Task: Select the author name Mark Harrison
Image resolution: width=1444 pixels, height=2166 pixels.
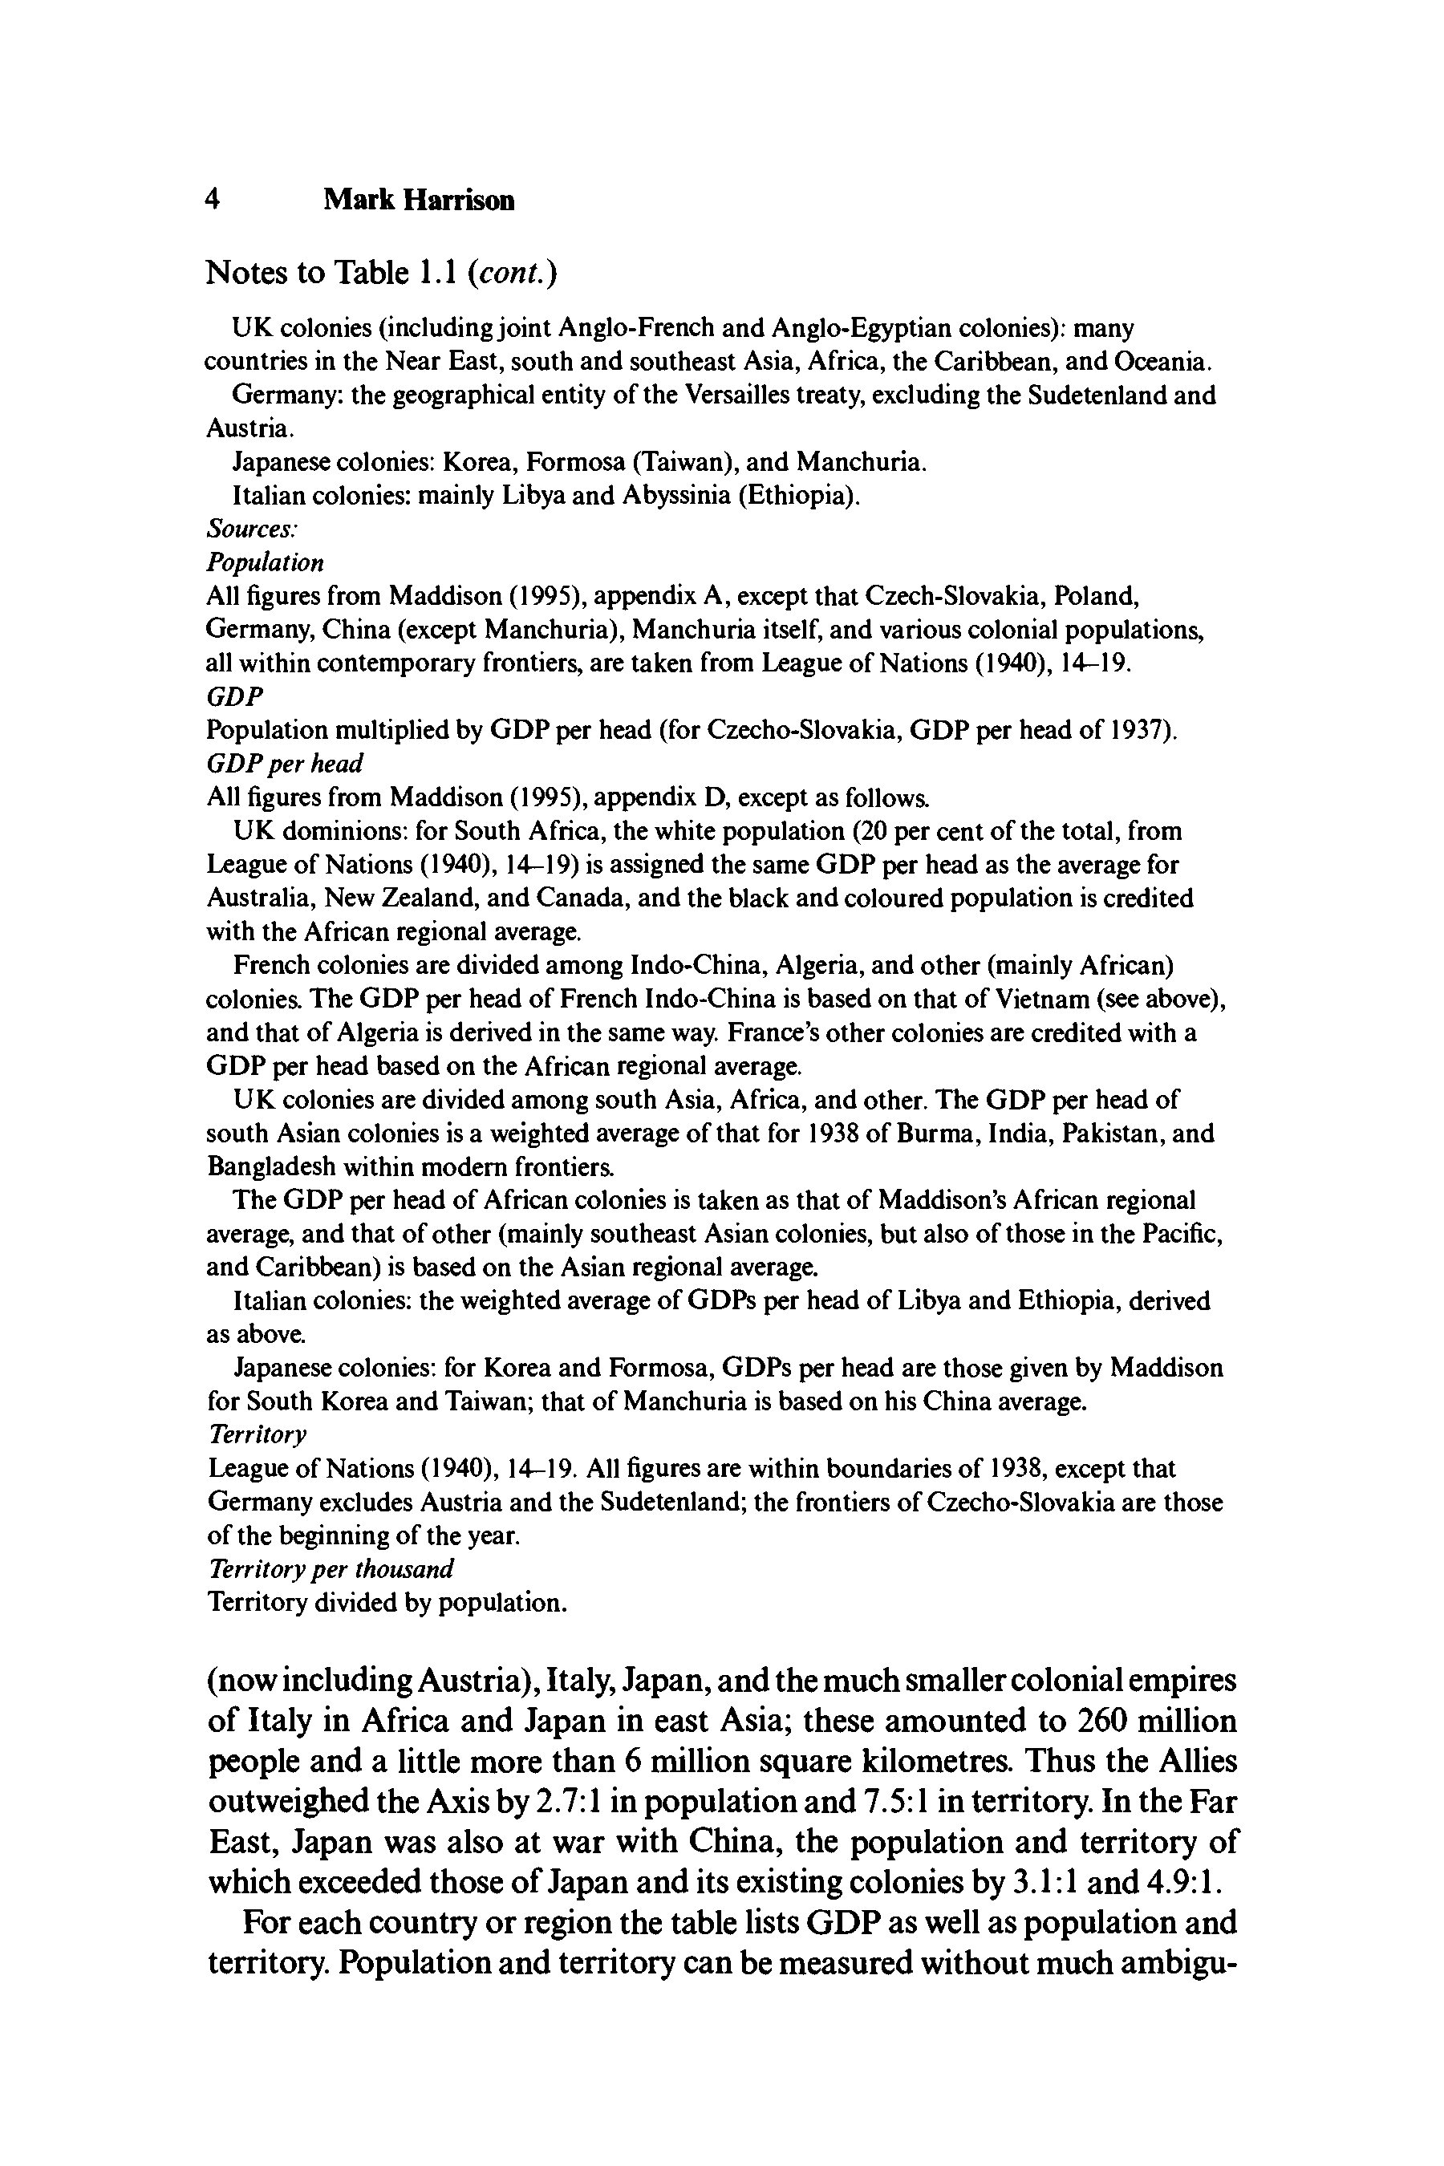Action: [x=418, y=200]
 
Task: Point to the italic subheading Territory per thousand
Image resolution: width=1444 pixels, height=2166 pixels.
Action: [x=331, y=1568]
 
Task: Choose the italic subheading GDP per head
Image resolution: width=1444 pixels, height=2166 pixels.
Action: [x=285, y=764]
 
